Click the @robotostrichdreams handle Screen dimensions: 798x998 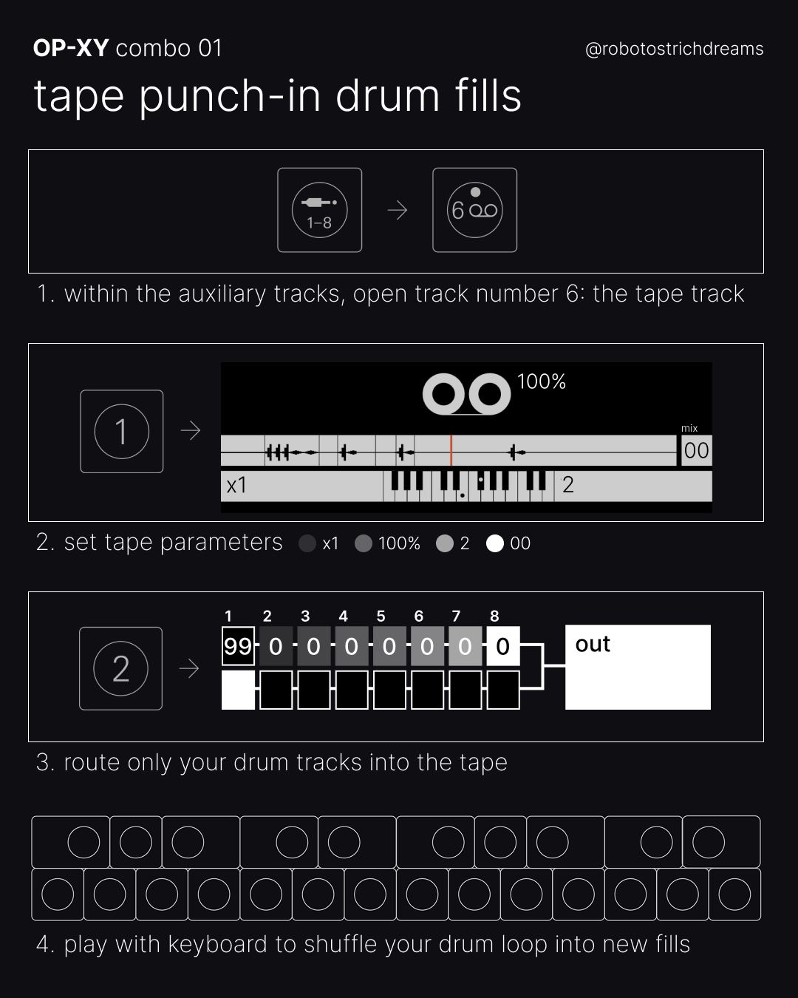[674, 49]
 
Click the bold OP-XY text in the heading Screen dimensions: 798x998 [71, 48]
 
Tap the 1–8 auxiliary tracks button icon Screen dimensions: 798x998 [319, 210]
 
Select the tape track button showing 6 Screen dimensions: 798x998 [475, 210]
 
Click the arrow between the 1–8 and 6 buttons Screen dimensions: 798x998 [398, 211]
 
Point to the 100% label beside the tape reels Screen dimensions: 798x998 [541, 381]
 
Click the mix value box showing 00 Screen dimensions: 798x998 [697, 450]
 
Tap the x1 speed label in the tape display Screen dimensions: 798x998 [236, 486]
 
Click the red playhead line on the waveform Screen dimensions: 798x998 [451, 450]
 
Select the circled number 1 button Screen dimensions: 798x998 [122, 432]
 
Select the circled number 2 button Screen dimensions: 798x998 [121, 668]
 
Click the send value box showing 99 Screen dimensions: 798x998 [239, 646]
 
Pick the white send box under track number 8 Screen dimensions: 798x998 [503, 646]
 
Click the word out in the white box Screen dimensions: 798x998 [593, 644]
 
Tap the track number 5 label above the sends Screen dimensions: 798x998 [381, 616]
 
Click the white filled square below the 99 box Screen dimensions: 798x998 [239, 690]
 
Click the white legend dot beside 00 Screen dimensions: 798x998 [495, 543]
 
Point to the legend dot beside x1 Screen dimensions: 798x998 [307, 543]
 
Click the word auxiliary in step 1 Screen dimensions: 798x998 [222, 294]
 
